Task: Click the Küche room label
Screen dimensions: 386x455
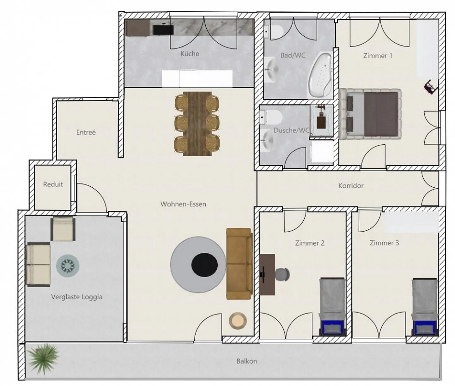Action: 190,54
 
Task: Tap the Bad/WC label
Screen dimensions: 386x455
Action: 293,55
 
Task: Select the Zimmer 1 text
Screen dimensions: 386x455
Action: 378,56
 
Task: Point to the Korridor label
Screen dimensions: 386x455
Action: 351,186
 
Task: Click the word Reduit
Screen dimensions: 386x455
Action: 53,184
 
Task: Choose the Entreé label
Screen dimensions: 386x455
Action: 86,132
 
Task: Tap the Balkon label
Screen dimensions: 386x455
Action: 246,361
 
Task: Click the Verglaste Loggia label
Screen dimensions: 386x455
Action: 76,297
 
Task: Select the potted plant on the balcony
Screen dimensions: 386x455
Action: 43,359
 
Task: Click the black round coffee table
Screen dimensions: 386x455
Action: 204,264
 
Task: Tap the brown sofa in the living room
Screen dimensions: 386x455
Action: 239,264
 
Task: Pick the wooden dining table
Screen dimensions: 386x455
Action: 197,124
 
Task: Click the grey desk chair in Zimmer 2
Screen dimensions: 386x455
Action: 282,274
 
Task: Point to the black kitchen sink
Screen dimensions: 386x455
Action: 163,30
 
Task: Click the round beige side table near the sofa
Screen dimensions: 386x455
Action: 237,321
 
